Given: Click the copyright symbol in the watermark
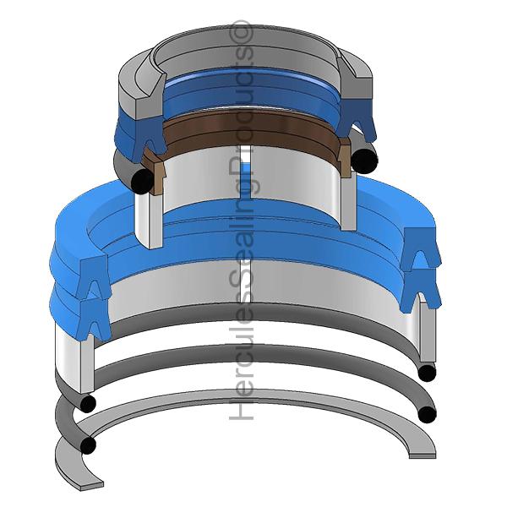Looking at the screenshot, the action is point(241,31).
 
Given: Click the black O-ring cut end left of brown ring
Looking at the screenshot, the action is point(142,181).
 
